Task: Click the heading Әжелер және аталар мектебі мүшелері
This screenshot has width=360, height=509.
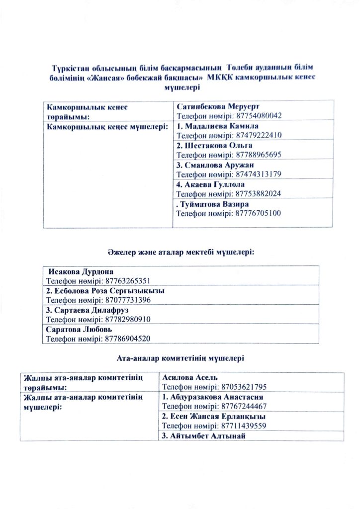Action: [180, 253]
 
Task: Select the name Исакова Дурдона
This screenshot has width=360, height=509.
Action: [81, 272]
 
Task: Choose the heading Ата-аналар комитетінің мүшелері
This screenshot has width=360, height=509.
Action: [180, 357]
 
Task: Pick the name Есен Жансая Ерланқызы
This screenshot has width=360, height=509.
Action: [214, 417]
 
